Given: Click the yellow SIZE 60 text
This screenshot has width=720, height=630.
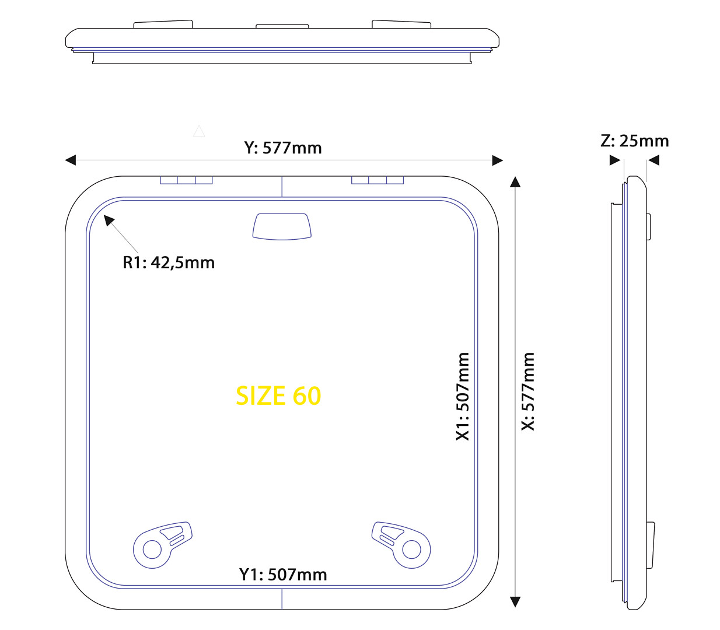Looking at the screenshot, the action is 278,395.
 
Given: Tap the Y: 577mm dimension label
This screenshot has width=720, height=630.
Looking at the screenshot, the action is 283,148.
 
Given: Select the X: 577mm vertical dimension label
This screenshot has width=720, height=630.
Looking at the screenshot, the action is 528,391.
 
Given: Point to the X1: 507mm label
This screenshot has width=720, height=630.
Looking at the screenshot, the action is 463,397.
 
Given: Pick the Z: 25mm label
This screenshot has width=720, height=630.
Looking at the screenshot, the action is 634,141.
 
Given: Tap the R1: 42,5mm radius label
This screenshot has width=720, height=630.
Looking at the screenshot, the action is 169,262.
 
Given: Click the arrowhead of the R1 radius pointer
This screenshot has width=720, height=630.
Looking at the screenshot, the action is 109,220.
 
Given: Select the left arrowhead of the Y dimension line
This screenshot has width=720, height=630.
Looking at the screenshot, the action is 71,160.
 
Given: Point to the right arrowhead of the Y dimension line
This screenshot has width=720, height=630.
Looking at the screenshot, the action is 498,160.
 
